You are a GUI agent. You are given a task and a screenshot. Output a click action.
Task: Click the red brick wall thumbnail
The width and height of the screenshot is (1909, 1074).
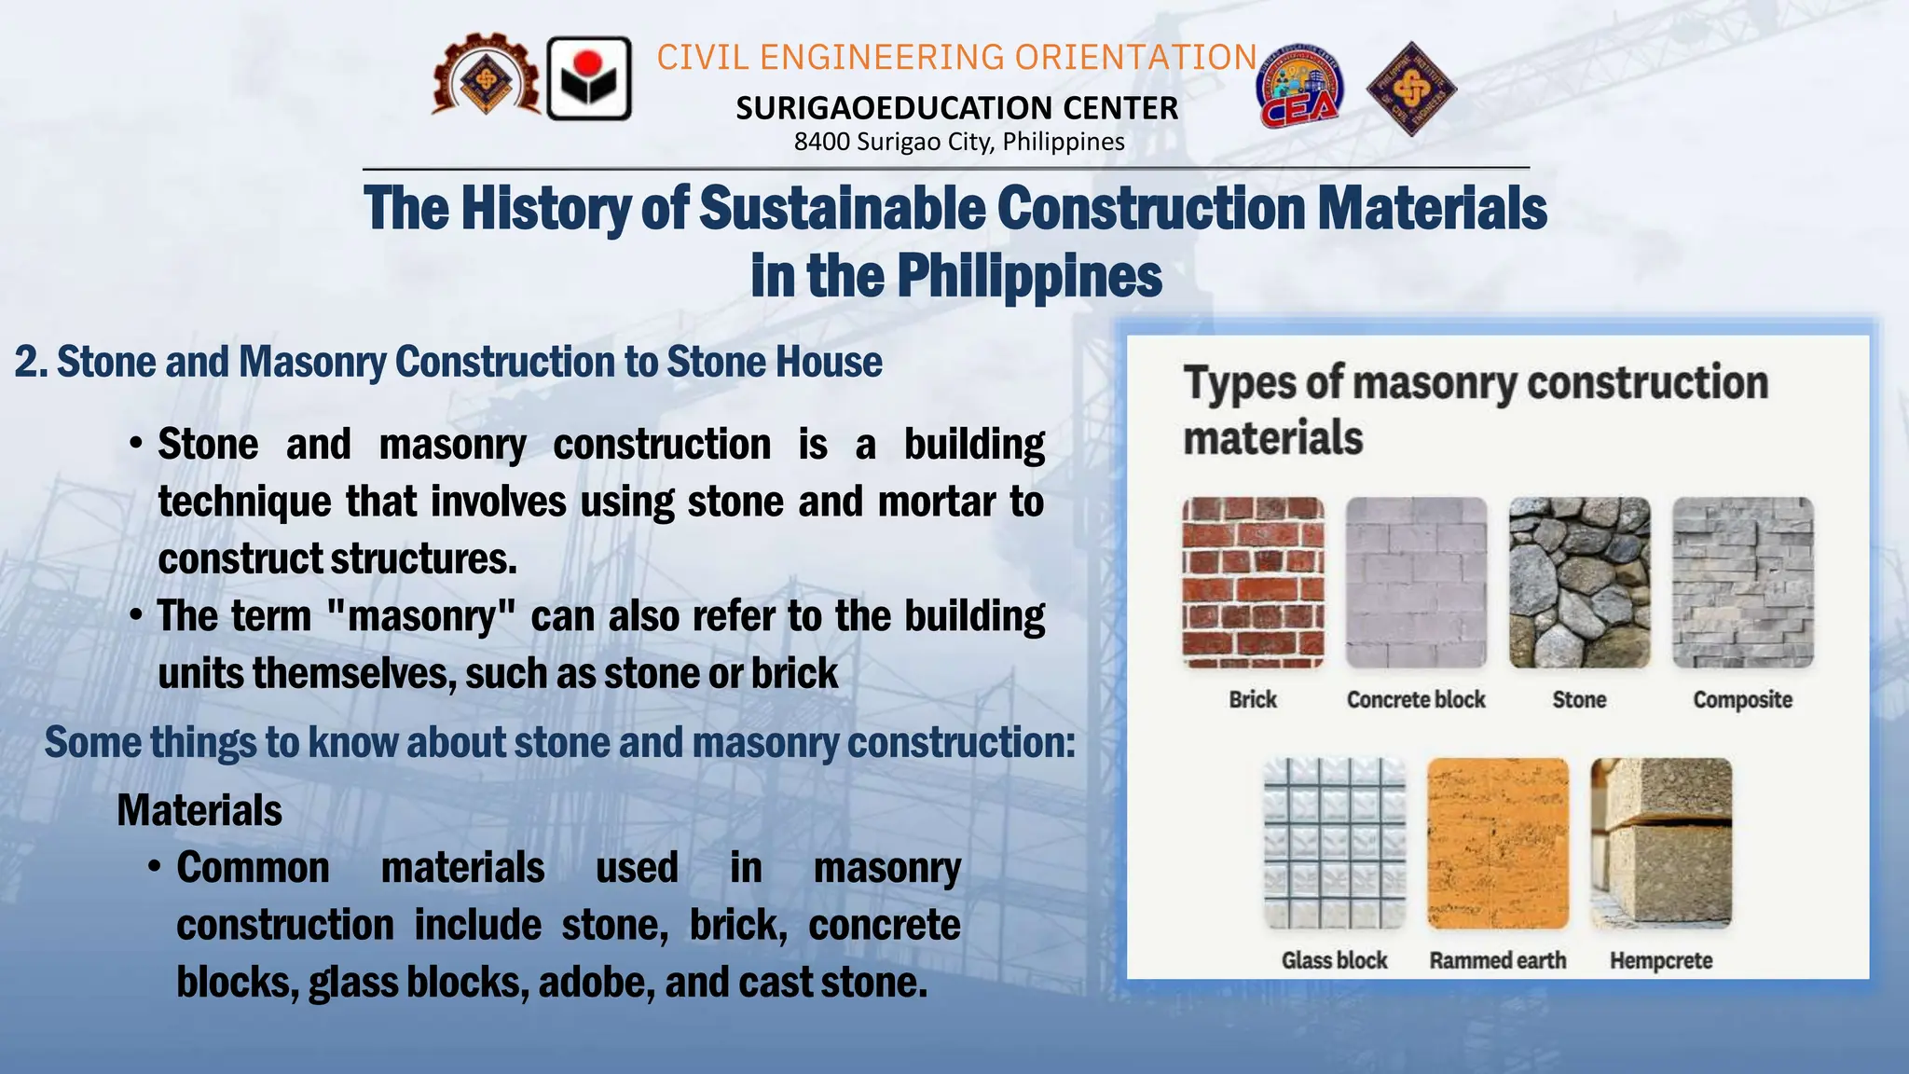coord(1253,583)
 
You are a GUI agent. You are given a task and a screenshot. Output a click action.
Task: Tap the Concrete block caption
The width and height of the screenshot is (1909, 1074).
coord(1416,700)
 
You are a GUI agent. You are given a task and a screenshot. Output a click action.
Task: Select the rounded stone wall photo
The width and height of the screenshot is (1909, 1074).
coord(1579,583)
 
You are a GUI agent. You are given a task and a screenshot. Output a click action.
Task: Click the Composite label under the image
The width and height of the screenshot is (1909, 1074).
coord(1742,700)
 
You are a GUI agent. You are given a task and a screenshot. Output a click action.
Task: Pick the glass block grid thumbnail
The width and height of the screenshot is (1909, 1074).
coord(1334,843)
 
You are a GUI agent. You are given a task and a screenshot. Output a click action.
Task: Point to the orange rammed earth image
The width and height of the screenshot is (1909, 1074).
coord(1498,843)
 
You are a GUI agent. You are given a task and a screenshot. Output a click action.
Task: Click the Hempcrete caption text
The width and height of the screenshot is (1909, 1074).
coord(1661,961)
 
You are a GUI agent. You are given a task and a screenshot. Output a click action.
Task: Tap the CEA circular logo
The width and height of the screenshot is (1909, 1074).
coord(1300,87)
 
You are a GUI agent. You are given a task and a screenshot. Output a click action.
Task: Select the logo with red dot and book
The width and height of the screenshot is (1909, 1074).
coord(589,79)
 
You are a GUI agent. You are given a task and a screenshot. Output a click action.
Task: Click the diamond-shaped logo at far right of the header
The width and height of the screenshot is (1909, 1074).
coord(1411,89)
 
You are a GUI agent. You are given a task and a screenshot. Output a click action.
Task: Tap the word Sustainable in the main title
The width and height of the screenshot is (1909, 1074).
coord(842,208)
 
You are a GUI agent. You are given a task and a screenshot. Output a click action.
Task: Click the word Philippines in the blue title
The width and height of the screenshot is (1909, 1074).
coord(1029,277)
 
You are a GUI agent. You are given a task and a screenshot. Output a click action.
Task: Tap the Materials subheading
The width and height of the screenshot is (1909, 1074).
coord(199,810)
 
